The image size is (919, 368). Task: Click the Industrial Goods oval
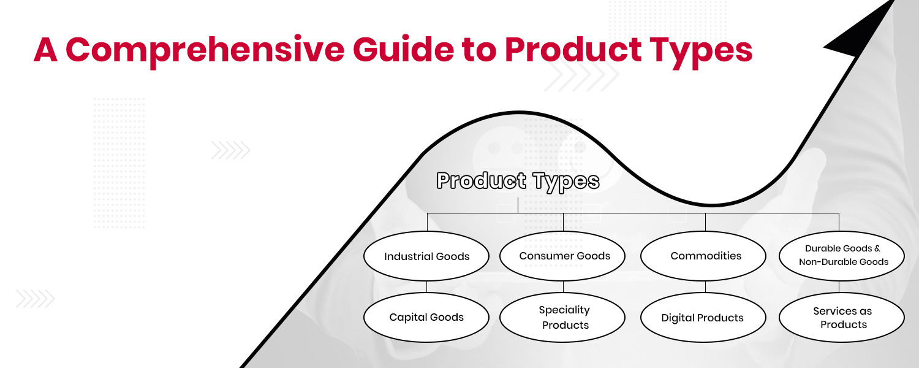coord(426,256)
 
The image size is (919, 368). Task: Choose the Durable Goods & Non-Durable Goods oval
coord(842,256)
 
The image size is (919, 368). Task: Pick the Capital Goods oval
coord(426,317)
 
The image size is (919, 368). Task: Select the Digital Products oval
coord(703,317)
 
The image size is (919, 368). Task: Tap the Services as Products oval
coord(842,317)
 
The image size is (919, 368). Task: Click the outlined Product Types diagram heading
coord(518,181)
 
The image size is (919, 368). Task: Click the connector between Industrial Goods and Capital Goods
coord(427,287)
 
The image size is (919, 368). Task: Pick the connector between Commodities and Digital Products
coord(705,287)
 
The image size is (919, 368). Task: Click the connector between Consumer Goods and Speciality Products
coord(563,287)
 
